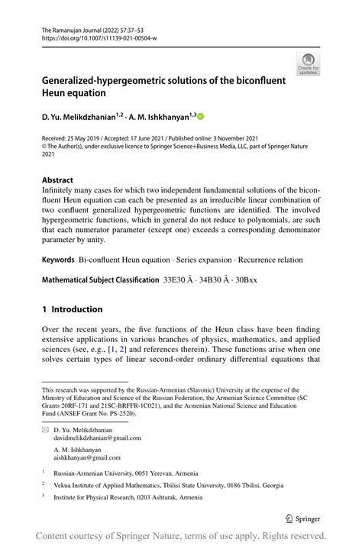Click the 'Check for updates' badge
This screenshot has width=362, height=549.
click(x=308, y=64)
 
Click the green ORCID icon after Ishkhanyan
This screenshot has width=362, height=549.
click(x=201, y=116)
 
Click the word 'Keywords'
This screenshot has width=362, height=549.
click(x=57, y=260)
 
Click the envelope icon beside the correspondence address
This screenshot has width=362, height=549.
click(x=46, y=430)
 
